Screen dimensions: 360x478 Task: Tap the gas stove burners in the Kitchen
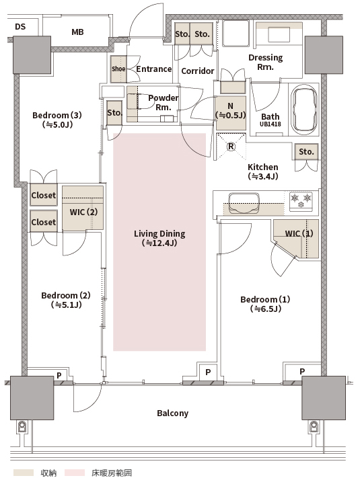coord(301,201)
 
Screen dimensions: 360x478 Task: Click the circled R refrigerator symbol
coord(231,147)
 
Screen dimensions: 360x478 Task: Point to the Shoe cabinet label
coord(118,69)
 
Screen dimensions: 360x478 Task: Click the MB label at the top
coord(77,32)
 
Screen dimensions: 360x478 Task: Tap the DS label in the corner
coord(20,27)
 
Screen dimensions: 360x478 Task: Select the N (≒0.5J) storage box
coord(231,112)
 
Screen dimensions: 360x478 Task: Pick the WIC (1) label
coord(299,233)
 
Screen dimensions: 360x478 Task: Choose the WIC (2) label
coord(83,212)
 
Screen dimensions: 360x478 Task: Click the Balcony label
coord(173,413)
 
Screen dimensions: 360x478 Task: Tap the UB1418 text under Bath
coord(271,124)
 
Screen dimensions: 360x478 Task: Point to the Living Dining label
coord(159,234)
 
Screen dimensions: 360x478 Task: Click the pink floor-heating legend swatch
coord(75,473)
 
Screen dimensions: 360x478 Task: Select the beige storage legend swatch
coord(23,473)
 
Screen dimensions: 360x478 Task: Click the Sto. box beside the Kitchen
coord(306,152)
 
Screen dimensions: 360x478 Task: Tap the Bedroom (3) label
coord(57,115)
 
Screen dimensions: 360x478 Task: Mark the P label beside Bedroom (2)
coord(59,376)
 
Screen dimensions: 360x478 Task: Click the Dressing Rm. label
coord(265,63)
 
